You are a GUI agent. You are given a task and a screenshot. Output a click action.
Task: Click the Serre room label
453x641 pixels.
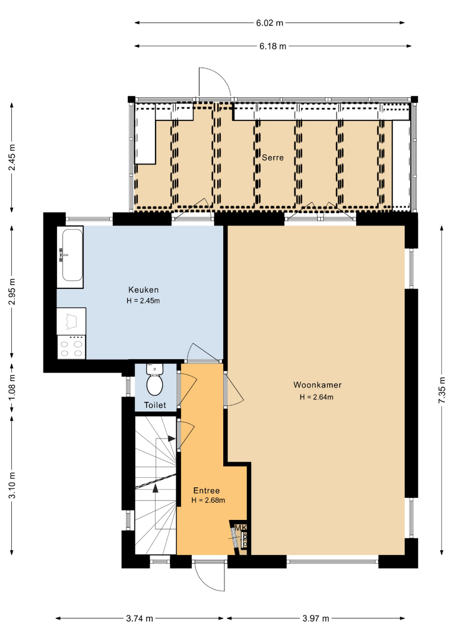[273, 157]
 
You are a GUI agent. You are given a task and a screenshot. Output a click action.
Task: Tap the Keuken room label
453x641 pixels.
[144, 290]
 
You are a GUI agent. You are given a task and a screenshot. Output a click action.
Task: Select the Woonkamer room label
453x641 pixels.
[317, 385]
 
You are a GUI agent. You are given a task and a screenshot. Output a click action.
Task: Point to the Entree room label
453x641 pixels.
[207, 491]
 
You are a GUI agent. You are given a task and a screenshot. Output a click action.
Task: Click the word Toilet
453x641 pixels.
[155, 405]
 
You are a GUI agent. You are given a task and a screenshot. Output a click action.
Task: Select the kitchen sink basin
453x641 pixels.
[72, 255]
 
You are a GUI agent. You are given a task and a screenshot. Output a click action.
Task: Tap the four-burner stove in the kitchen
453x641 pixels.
[71, 347]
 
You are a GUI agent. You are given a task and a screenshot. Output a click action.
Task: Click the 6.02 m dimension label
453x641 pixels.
[270, 23]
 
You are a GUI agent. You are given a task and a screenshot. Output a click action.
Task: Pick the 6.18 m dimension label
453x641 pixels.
[273, 46]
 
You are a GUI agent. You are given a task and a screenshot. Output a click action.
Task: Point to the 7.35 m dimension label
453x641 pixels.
[442, 390]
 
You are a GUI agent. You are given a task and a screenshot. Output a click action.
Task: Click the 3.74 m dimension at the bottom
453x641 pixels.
[140, 618]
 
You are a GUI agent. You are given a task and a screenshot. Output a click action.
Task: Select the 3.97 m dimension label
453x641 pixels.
[316, 618]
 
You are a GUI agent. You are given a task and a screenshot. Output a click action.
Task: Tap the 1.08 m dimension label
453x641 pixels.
[12, 387]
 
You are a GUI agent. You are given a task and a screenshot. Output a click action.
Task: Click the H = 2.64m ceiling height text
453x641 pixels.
[316, 397]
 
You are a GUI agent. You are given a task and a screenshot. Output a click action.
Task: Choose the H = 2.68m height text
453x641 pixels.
[208, 500]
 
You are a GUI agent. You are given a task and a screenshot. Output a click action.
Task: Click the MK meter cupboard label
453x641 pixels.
[241, 528]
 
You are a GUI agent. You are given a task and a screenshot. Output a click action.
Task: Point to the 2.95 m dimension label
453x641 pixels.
[12, 291]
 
